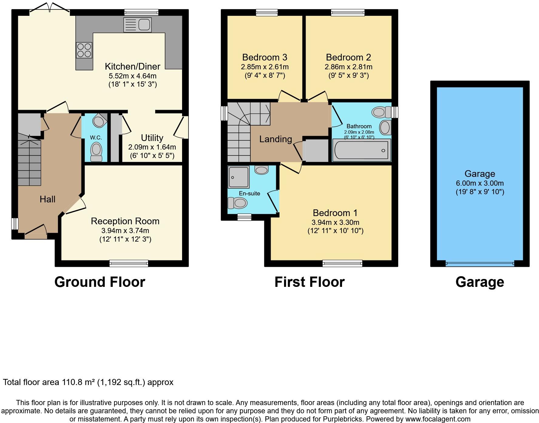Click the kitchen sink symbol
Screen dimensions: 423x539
[x=137, y=25]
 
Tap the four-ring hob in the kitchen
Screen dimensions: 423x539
[x=84, y=50]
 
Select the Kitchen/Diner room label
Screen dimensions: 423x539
[x=132, y=66]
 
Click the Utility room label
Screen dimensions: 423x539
[x=152, y=138]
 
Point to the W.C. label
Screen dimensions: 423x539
[x=96, y=138]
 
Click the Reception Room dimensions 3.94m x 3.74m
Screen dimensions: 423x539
[x=125, y=231]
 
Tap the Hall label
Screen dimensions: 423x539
[x=47, y=199]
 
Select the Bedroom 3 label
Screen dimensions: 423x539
[x=265, y=57]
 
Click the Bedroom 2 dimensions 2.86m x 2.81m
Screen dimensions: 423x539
[x=348, y=67]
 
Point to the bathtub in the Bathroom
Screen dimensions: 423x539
[x=361, y=150]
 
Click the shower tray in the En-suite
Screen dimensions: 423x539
[x=239, y=177]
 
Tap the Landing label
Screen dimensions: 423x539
[x=276, y=139]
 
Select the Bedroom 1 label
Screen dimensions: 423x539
[x=335, y=213]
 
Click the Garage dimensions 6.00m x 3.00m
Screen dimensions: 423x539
[x=480, y=183]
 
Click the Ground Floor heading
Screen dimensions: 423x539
[x=100, y=282]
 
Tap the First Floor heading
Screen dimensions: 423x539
[x=309, y=282]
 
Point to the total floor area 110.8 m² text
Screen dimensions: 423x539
[x=88, y=382]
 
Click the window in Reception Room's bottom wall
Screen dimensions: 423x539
[x=129, y=263]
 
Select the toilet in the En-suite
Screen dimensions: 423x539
[x=237, y=203]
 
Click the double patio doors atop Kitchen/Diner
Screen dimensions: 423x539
[x=50, y=8]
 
